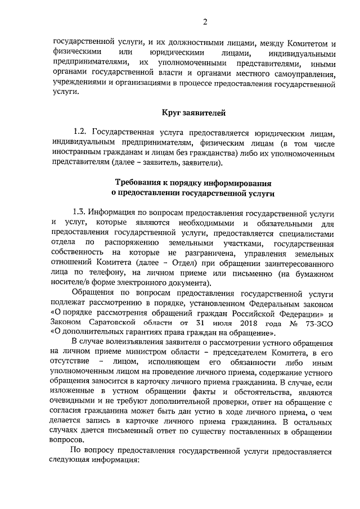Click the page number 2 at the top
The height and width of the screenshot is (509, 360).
click(x=206, y=22)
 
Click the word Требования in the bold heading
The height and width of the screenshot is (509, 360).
click(x=141, y=183)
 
